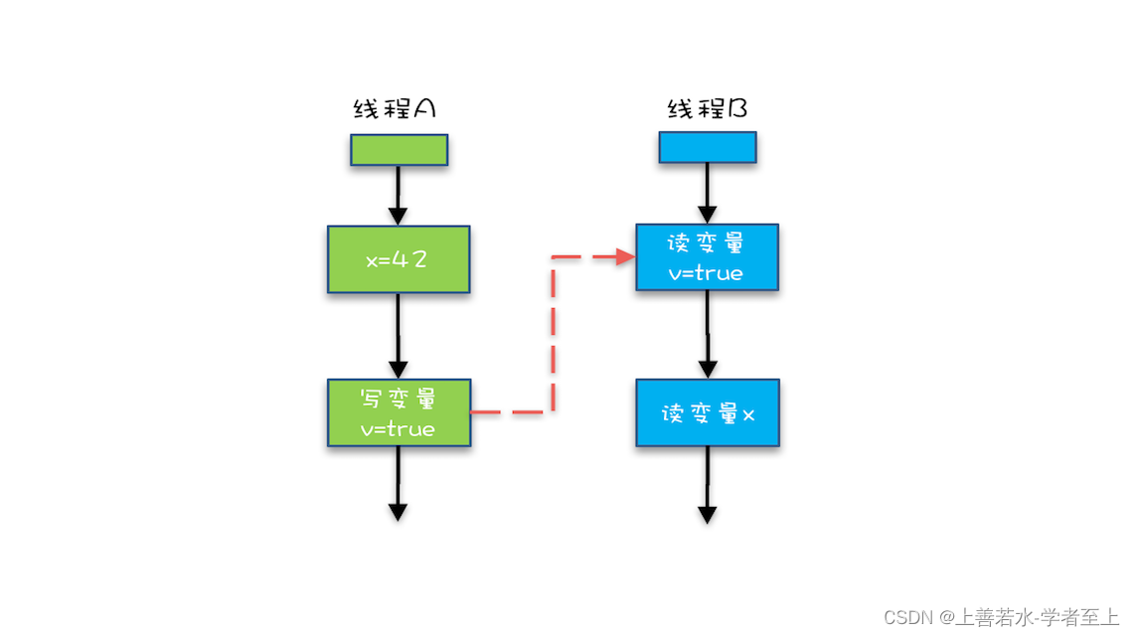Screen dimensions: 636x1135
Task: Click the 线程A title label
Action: (x=395, y=108)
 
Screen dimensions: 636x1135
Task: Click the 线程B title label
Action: (x=707, y=108)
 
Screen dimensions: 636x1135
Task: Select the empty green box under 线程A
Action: (x=399, y=150)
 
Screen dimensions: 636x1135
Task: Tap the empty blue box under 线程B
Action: (x=708, y=147)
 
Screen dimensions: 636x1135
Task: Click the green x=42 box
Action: (x=398, y=259)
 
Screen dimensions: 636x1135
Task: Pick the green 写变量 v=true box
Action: (x=398, y=412)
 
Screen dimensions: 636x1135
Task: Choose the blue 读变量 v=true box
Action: (x=707, y=257)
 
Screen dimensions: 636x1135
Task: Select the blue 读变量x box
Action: (x=708, y=412)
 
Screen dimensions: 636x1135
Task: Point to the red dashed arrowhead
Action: (x=626, y=257)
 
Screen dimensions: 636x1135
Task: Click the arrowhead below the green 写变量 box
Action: (x=398, y=511)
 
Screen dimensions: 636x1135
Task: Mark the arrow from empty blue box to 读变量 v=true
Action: (x=707, y=194)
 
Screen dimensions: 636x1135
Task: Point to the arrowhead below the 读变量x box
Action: (x=707, y=513)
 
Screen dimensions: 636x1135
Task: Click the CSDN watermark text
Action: (x=1001, y=617)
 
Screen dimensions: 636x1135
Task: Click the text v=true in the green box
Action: (x=398, y=429)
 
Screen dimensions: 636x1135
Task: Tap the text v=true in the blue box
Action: (x=706, y=272)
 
